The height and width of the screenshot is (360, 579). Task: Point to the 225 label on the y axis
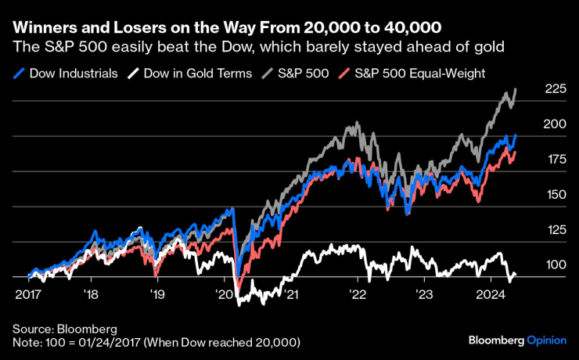(x=556, y=89)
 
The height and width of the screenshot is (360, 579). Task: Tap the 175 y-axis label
(x=556, y=160)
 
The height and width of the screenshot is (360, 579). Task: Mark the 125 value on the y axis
(x=556, y=230)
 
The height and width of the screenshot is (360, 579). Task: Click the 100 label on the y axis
(x=556, y=265)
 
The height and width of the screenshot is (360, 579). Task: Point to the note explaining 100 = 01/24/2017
(x=156, y=343)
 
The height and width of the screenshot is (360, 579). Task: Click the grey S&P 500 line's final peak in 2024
(x=515, y=90)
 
